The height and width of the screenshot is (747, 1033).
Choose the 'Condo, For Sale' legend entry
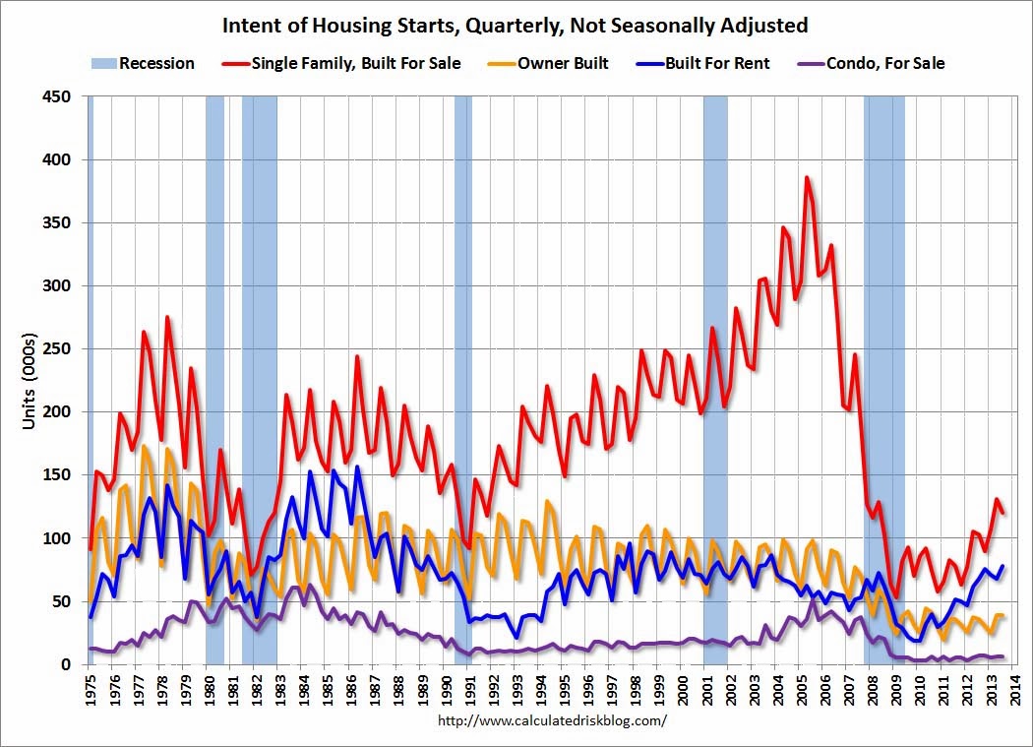(886, 63)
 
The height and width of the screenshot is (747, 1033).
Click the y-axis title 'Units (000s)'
(30, 380)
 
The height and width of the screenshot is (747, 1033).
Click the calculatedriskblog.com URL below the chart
(552, 719)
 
